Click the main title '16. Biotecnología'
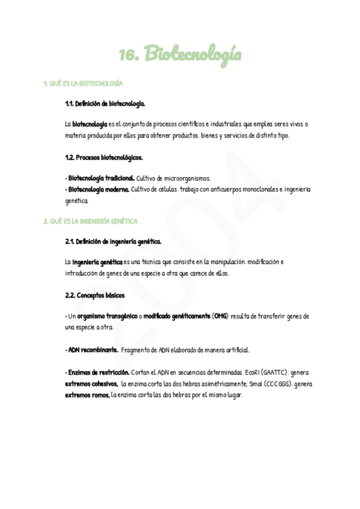click(180, 56)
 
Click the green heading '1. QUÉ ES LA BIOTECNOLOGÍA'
click(83, 83)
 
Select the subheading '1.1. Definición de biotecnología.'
click(105, 104)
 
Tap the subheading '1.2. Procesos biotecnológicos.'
click(104, 158)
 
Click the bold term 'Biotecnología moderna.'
click(98, 189)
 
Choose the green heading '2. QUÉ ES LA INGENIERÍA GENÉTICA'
click(91, 221)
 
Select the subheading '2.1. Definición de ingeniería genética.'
click(113, 241)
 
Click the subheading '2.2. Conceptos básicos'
click(95, 295)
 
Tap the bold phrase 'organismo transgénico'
click(107, 316)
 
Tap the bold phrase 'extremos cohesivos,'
click(91, 384)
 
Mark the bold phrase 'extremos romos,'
click(87, 395)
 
